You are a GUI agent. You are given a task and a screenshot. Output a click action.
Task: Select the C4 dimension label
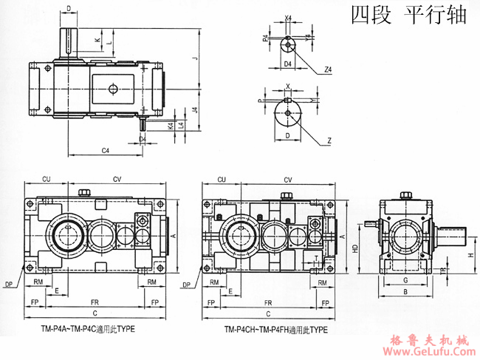(106, 151)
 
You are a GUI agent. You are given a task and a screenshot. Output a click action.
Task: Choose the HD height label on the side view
(355, 250)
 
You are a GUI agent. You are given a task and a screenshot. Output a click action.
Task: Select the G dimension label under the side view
(405, 281)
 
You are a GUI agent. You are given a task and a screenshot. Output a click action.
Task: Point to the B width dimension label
(405, 292)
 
